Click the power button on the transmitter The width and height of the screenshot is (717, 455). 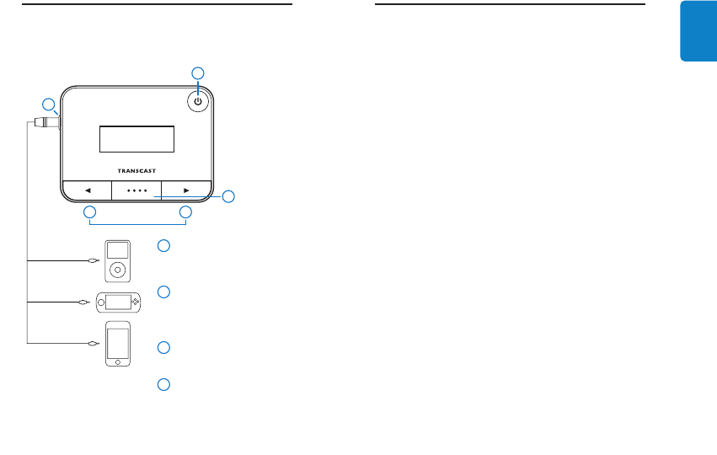197,101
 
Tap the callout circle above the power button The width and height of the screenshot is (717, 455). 198,72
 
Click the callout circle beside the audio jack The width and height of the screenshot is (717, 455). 49,104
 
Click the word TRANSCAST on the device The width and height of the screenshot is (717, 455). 136,170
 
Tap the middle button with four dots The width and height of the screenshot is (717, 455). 136,190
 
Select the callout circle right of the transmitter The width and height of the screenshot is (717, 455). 228,197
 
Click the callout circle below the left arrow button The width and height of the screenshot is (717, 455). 88,214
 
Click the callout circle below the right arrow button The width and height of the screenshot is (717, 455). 185,214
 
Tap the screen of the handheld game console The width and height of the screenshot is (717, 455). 119,302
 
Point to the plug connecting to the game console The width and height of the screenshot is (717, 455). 84,302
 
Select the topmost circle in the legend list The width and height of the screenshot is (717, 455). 164,246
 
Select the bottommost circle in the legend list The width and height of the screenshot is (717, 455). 164,384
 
